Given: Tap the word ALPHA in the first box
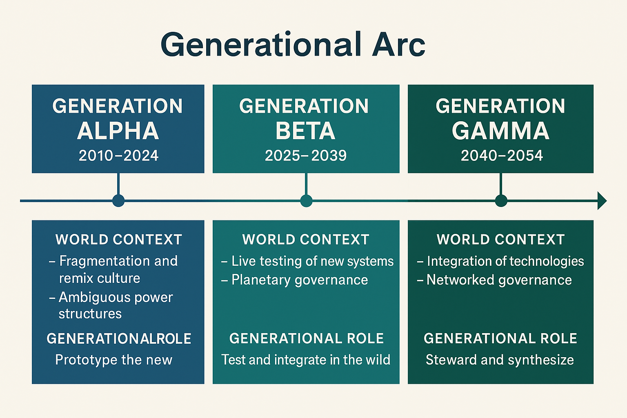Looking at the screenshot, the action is pos(118,131).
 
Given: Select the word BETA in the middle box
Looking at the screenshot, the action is pos(305,131).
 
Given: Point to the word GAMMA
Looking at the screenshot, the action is pos(500,131).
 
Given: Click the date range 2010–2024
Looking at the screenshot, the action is pos(118,156).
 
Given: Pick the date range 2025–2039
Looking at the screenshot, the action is pos(306,156).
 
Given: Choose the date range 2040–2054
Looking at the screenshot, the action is pos(502,156).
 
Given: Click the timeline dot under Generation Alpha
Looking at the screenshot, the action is pos(118,201).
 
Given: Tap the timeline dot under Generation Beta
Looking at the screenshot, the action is pos(306,201).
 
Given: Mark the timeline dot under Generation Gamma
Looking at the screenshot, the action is pos(501,201).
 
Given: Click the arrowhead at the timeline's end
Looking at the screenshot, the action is pos(602,201).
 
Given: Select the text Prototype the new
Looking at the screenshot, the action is pos(114,360).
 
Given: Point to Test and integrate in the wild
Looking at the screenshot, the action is pos(306,360).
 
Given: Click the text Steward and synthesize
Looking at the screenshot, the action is pos(500,360).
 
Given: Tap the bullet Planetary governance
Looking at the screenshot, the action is pos(299,280).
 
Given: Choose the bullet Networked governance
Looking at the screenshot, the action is pos(499,280).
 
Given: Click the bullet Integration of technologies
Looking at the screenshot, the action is pos(505,261).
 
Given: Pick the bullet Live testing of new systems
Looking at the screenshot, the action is pos(312,261).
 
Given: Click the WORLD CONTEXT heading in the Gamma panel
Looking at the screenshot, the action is pos(500,240).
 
